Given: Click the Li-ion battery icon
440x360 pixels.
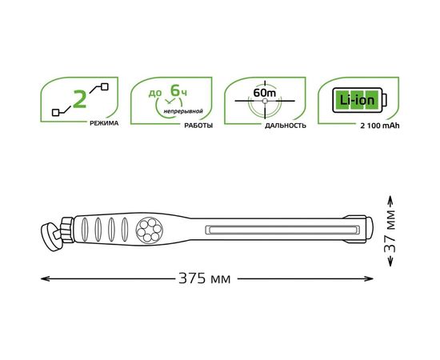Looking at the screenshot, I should coord(356,102).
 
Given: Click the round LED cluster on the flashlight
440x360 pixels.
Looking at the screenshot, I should coord(150,230).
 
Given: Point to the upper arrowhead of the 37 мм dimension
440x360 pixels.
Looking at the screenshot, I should coord(390,200).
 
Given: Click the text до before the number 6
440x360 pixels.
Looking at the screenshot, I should coord(155,94).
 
